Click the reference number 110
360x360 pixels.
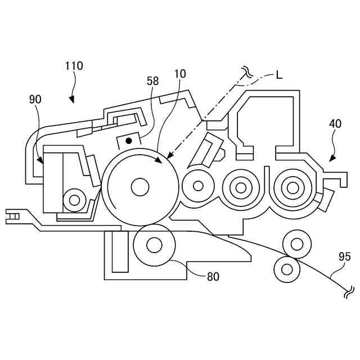(x=73, y=66)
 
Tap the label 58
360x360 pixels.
(x=152, y=81)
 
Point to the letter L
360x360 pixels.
(x=280, y=75)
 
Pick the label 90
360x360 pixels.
(x=35, y=100)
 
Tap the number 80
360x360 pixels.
(x=213, y=276)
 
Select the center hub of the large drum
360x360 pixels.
(x=139, y=187)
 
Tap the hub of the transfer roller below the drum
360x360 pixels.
(x=154, y=244)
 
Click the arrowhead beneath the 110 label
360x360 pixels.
(x=71, y=100)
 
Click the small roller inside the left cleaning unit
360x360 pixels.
(x=73, y=199)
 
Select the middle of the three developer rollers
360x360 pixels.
(x=240, y=186)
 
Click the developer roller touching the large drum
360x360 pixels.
(x=197, y=185)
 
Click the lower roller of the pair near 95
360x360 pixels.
(x=287, y=269)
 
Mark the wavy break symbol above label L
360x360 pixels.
(x=246, y=71)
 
